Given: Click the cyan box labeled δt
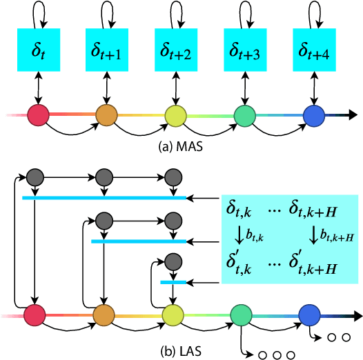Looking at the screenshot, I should coord(38,50).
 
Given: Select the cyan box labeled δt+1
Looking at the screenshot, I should coord(107,50).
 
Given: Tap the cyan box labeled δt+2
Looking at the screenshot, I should coord(176,50).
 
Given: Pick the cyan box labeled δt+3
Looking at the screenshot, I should coord(245,50).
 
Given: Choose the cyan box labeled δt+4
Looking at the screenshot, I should coord(314,50).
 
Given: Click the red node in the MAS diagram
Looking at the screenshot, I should coord(38,113).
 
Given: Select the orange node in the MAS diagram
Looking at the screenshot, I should coord(107,114).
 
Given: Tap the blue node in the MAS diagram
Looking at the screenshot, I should coord(314,114).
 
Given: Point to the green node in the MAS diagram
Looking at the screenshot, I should coord(245,114).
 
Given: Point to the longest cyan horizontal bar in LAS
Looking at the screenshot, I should coord(104,198).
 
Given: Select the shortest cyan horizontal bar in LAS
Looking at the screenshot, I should coord(173,282).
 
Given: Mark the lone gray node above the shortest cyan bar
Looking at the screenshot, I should coord(173,261).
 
